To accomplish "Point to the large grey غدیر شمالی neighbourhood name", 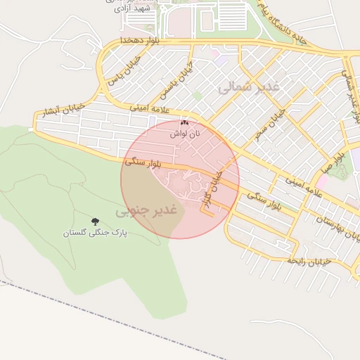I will (x=249, y=86).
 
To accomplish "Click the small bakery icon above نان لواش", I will (x=185, y=122).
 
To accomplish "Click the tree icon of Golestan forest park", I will (x=96, y=221).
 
